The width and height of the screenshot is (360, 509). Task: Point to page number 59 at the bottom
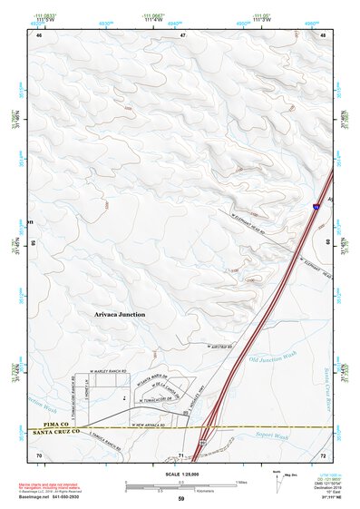click(x=181, y=499)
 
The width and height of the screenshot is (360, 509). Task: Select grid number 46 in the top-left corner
click(x=39, y=35)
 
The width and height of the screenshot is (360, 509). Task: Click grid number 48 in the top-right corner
click(x=323, y=35)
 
